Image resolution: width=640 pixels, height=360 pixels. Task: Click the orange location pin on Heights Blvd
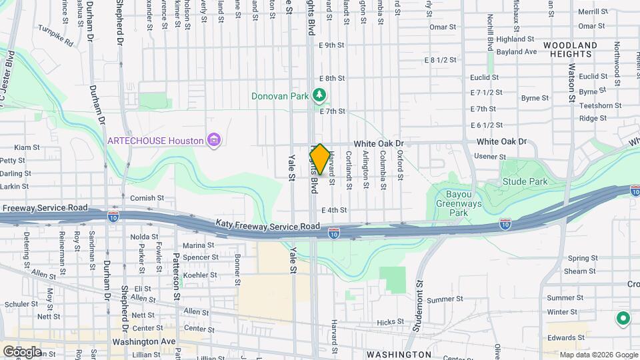coord(319,159)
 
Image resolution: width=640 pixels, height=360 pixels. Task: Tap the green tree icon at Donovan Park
coord(320,96)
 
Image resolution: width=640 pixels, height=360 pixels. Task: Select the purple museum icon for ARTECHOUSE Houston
coord(213,140)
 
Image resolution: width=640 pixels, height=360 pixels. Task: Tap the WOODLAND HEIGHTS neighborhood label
coord(569,49)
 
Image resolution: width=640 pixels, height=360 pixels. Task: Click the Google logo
coord(22,351)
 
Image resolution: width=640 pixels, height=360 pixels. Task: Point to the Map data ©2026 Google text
coord(598,355)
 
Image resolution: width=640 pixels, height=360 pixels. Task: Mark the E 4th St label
coord(334,210)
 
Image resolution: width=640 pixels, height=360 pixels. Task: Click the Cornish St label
coord(147,198)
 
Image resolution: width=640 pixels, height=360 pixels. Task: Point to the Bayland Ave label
coord(521,51)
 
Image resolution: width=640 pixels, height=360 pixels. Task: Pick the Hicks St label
coord(386,322)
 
